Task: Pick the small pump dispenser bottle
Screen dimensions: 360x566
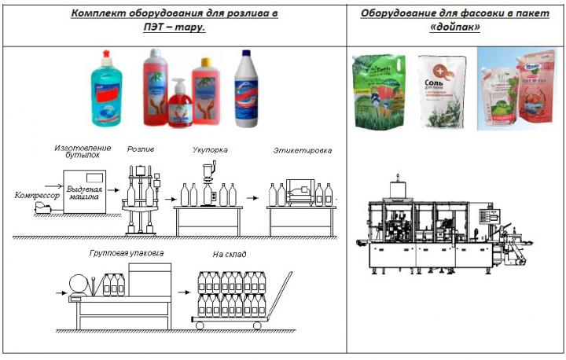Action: (x=180, y=104)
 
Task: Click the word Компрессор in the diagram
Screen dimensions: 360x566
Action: (x=33, y=193)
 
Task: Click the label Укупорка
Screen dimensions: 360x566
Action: (x=211, y=149)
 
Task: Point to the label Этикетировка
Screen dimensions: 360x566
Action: (x=303, y=149)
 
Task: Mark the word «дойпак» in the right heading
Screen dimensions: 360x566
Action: (x=456, y=27)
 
